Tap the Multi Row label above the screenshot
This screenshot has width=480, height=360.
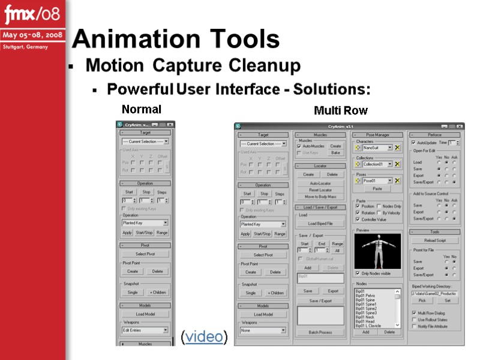340,111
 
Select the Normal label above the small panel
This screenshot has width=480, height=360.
142,109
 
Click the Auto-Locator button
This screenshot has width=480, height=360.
320,183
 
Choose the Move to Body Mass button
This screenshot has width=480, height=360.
320,197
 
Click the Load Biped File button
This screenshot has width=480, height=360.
320,224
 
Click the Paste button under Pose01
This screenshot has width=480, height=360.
377,188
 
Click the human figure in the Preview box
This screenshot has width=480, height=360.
377,251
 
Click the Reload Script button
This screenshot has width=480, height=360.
436,240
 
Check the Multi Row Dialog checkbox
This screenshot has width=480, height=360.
414,313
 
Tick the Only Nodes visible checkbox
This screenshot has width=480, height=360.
358,273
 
